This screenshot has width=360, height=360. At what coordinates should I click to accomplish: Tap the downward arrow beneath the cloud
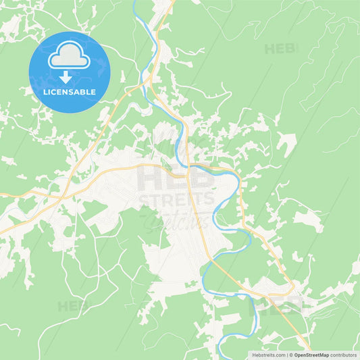(x=66, y=76)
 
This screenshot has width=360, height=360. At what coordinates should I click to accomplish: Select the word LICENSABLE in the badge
(x=69, y=91)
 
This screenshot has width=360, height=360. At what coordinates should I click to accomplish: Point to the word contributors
(x=344, y=354)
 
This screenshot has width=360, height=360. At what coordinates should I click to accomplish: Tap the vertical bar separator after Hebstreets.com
(x=286, y=354)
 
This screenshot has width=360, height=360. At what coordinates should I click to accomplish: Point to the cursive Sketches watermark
(x=177, y=218)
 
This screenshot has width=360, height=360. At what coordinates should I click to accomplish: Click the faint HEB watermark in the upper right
(x=280, y=49)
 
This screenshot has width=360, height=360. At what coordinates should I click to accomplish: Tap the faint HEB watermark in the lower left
(x=73, y=306)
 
